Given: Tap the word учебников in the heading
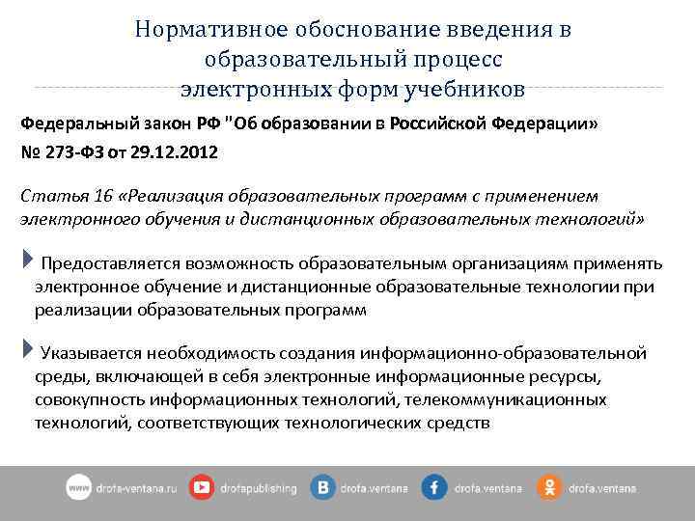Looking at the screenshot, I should (x=467, y=90).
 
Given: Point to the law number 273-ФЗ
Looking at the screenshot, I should (x=75, y=152).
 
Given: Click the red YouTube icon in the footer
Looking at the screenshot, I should (x=202, y=488).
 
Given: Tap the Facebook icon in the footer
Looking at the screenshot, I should (x=433, y=488).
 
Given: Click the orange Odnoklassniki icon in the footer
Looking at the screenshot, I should (x=549, y=488).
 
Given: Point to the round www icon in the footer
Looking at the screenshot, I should (x=78, y=488).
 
